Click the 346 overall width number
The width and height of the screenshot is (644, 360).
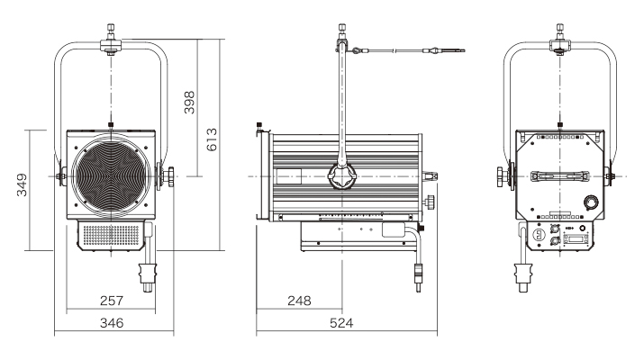pos(110,321)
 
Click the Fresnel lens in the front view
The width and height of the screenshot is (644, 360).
pos(110,175)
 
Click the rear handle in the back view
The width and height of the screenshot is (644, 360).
pos(560,176)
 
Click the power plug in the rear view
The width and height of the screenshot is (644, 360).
pos(522,272)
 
